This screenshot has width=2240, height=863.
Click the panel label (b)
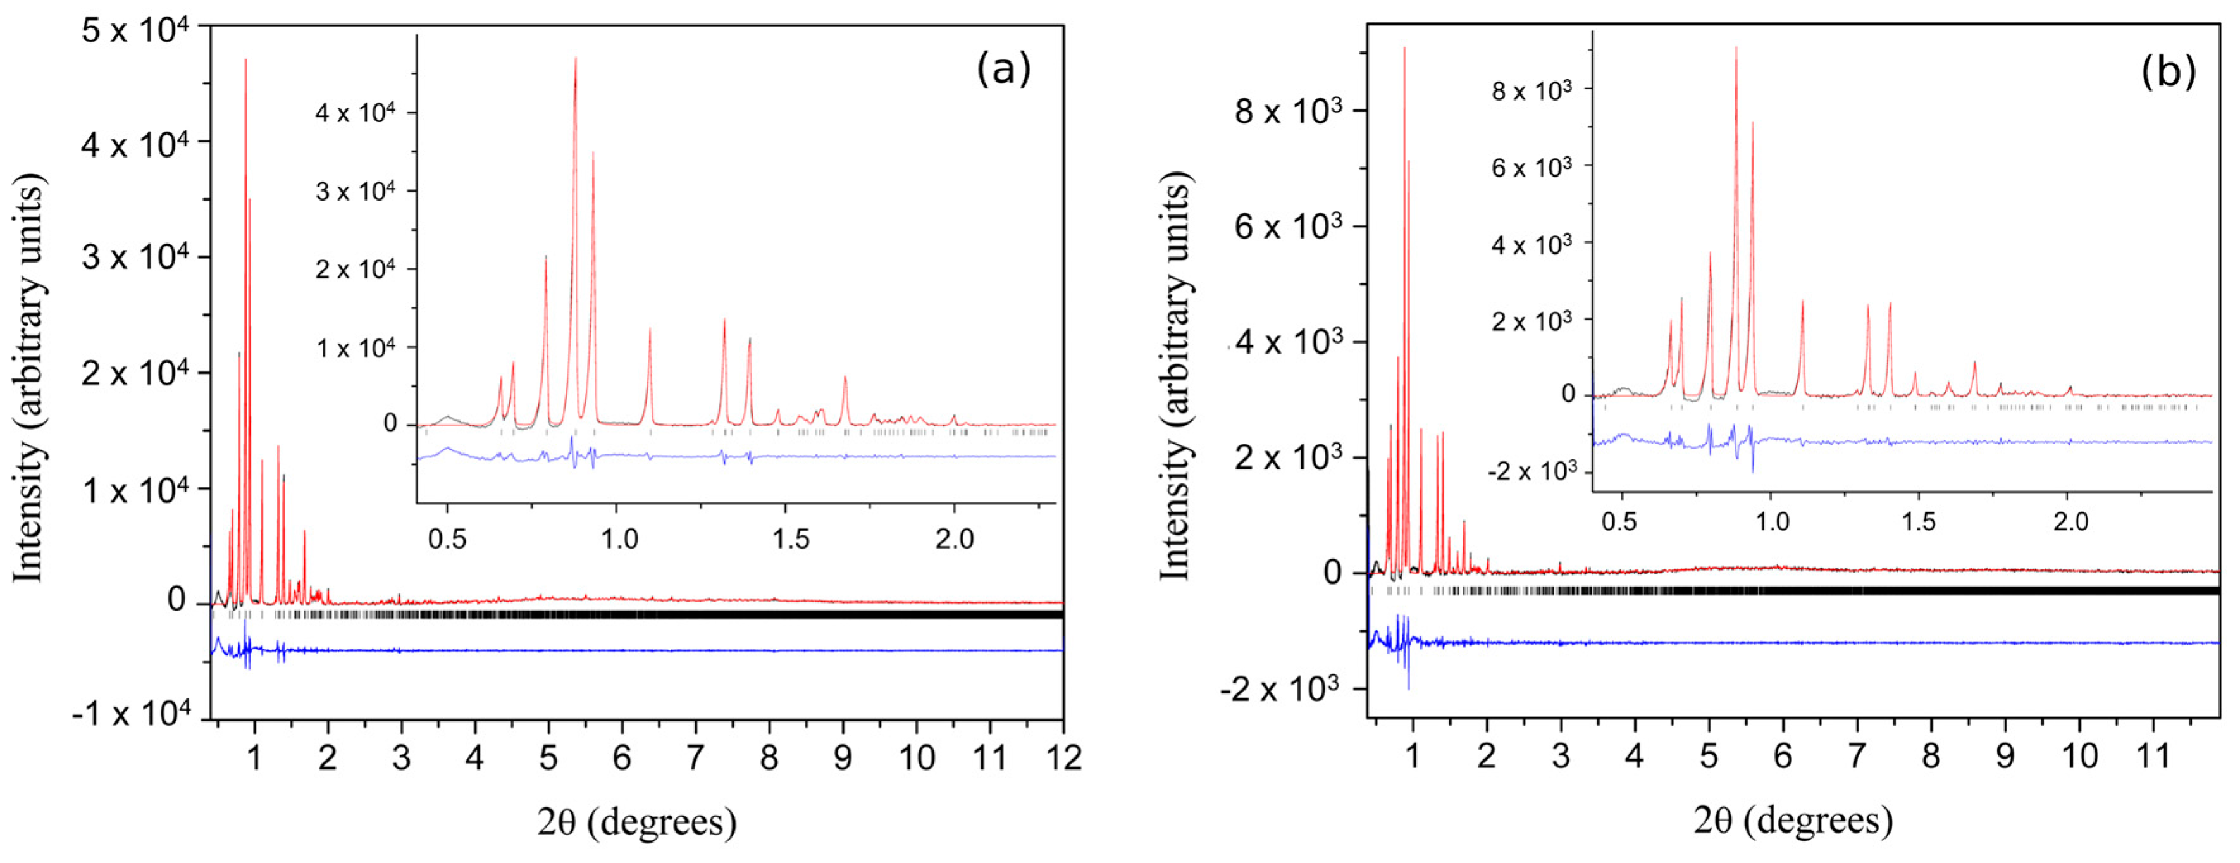(x=2168, y=70)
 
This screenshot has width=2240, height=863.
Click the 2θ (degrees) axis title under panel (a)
(x=636, y=821)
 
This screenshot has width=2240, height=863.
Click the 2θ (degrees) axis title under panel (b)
(x=1792, y=819)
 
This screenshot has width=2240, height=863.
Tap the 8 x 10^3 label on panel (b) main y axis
(x=1288, y=111)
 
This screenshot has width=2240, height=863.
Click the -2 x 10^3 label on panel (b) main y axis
(x=1280, y=690)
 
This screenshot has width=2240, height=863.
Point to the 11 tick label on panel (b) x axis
(x=2153, y=756)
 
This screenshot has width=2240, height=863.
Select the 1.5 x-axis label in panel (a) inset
(x=791, y=539)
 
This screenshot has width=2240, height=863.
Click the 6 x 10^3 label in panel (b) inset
(x=1532, y=167)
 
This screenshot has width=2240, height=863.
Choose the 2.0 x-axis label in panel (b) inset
(x=2070, y=522)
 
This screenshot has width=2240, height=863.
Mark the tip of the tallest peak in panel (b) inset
(x=1736, y=49)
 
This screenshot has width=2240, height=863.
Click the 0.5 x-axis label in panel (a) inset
(x=447, y=539)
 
